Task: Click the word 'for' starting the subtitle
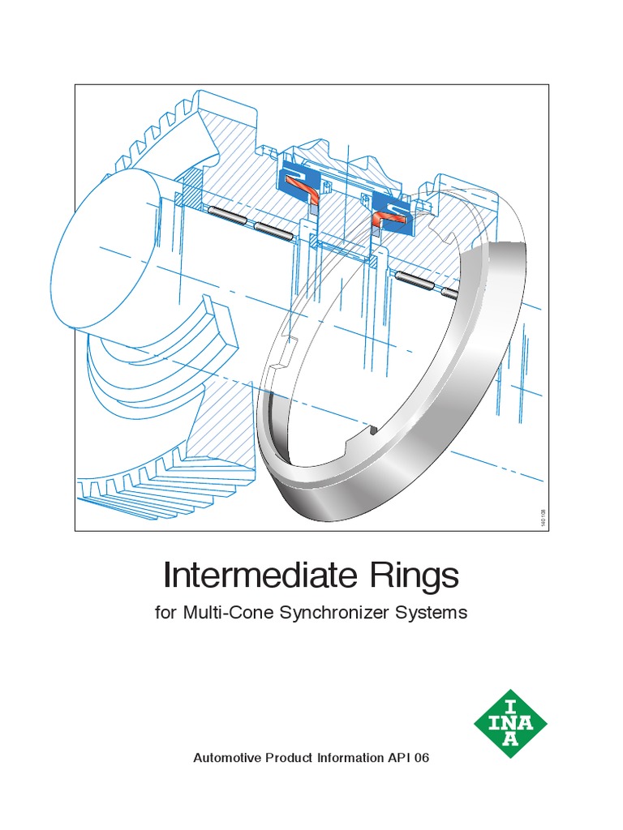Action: (x=165, y=613)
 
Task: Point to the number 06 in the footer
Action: (x=422, y=759)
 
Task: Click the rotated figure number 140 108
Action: (x=542, y=514)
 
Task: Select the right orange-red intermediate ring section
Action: (x=381, y=217)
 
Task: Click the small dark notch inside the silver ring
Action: (x=374, y=430)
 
